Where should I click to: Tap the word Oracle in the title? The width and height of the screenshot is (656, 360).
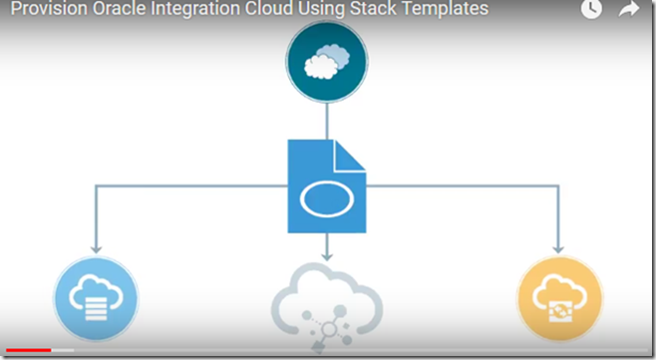(x=127, y=10)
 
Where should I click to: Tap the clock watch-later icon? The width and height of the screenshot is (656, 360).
(x=591, y=9)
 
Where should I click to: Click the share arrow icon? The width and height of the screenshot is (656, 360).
(x=628, y=9)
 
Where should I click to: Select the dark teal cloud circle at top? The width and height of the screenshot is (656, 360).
(x=326, y=62)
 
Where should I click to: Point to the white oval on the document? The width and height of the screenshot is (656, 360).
(x=326, y=197)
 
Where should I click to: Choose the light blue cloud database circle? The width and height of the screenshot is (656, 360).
(x=96, y=296)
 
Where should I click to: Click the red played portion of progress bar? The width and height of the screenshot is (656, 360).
(x=25, y=350)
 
